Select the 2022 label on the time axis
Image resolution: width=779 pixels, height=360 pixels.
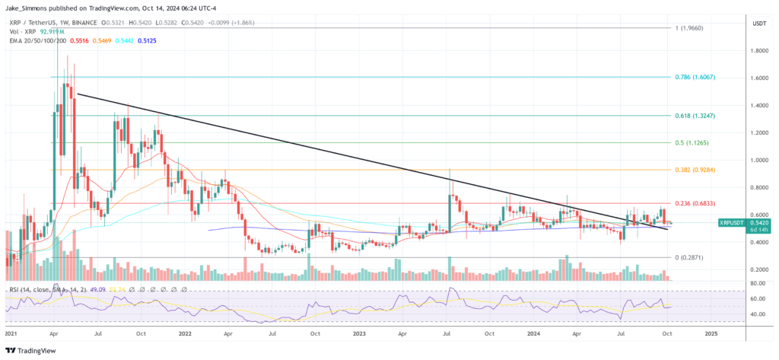[x=185, y=333]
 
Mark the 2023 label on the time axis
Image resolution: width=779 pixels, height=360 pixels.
[x=360, y=333]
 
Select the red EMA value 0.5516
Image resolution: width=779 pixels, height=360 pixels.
[x=79, y=41]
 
